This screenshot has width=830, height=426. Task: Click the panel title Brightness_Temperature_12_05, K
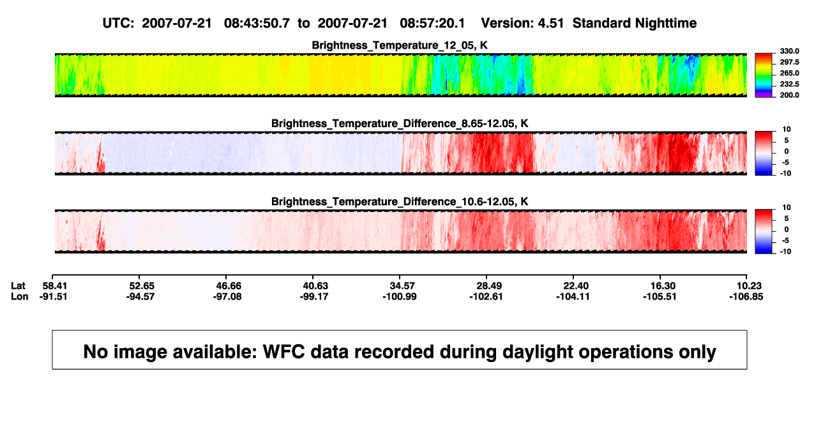coord(400,45)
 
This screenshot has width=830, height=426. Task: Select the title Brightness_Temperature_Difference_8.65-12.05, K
coord(400,123)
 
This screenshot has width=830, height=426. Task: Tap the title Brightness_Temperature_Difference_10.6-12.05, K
coord(400,202)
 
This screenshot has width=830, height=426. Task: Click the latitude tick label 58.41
coord(54,286)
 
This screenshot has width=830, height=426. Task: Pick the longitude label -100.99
coord(400,296)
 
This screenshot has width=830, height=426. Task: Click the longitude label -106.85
coord(746,296)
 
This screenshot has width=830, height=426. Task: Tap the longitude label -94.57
coord(140,296)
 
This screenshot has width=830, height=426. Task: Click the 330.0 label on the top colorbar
coord(789,51)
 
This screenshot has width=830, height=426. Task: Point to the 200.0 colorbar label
coord(789,95)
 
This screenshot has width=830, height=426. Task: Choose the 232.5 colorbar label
coord(789,84)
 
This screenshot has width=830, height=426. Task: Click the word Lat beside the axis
coord(18,286)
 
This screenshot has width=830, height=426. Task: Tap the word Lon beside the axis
coord(20,296)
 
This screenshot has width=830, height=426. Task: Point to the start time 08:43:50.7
coord(257,23)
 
